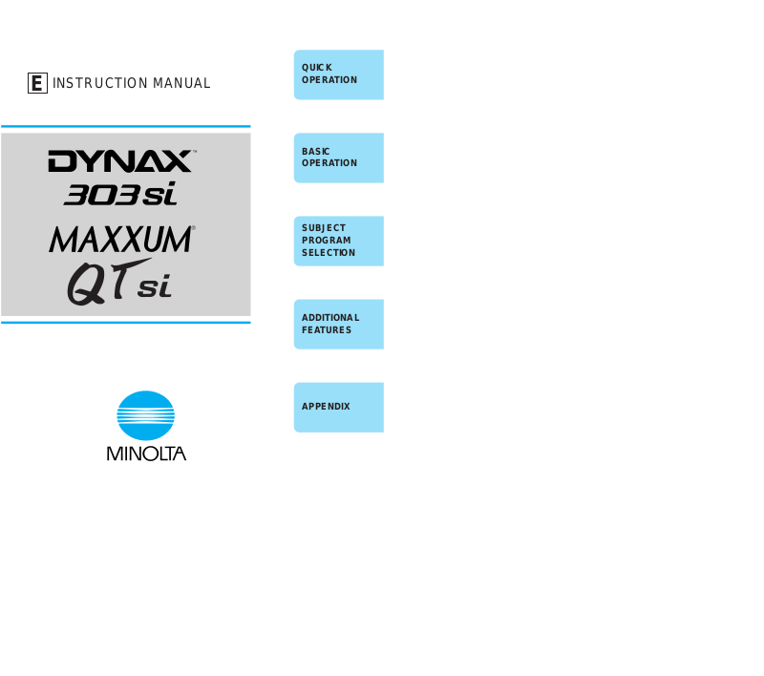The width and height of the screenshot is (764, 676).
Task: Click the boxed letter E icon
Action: pos(37,84)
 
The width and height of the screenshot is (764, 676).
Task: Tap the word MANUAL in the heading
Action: pos(181,84)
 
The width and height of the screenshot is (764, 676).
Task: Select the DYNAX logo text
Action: pos(121,161)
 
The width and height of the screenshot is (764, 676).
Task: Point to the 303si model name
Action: pos(120,195)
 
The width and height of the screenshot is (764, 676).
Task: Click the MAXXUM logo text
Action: pos(121,239)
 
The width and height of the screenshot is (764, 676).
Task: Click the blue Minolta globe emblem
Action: pos(145,416)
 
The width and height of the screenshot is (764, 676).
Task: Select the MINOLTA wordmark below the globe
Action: pos(146,454)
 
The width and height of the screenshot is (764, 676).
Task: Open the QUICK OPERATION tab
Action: pos(338,74)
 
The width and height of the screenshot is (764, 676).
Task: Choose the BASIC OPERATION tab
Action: pos(338,158)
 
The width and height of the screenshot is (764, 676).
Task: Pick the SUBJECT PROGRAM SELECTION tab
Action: pos(338,241)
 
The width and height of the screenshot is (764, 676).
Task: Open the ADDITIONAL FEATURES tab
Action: pos(338,324)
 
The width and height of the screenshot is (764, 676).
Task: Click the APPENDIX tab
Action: pos(338,407)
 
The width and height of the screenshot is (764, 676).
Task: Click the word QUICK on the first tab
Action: pos(317,68)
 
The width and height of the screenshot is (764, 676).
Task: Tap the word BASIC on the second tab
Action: pos(316,151)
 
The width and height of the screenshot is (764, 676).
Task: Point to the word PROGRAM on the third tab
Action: pos(327,241)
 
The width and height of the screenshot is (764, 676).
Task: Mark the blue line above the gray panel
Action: pos(125,126)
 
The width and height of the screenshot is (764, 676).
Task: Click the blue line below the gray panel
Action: pos(125,323)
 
